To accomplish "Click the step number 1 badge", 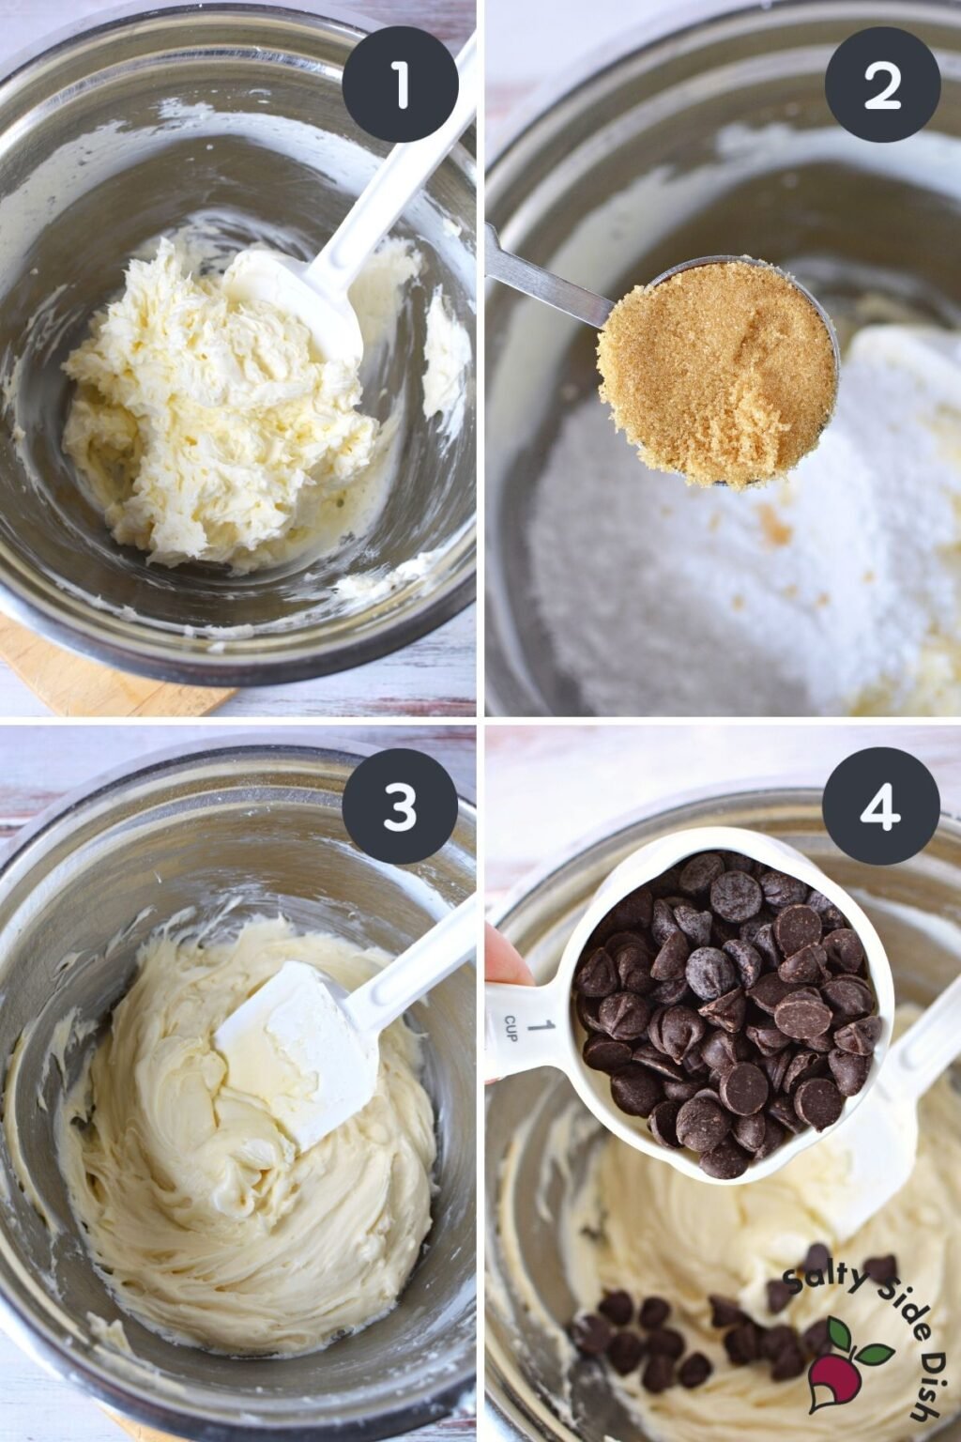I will pyautogui.click(x=400, y=84).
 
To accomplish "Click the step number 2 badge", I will pyautogui.click(x=881, y=84).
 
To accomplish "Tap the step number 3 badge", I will pyautogui.click(x=400, y=806).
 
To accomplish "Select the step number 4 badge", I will pyautogui.click(x=881, y=806).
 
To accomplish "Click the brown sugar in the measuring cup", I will pyautogui.click(x=715, y=372).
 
